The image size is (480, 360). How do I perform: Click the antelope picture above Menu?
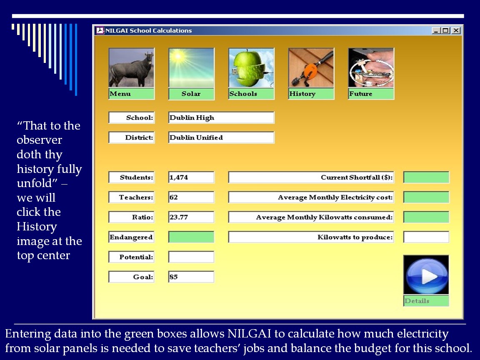(132, 67)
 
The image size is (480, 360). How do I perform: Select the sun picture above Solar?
(191, 67)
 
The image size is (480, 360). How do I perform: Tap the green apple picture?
(251, 67)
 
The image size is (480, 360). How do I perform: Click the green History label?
(311, 94)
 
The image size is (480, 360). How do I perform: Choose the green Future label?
(371, 94)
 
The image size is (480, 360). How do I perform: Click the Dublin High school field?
(221, 117)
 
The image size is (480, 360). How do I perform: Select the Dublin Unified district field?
(221, 137)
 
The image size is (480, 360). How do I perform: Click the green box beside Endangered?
(191, 237)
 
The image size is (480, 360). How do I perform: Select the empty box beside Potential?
(191, 257)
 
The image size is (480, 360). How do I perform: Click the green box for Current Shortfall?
(426, 177)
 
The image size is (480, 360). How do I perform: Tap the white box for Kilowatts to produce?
(426, 237)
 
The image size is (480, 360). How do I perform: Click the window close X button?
(456, 30)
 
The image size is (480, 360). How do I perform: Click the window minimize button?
(436, 30)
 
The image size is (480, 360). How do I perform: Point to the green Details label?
(426, 300)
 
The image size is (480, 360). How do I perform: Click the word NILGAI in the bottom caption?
(249, 333)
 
